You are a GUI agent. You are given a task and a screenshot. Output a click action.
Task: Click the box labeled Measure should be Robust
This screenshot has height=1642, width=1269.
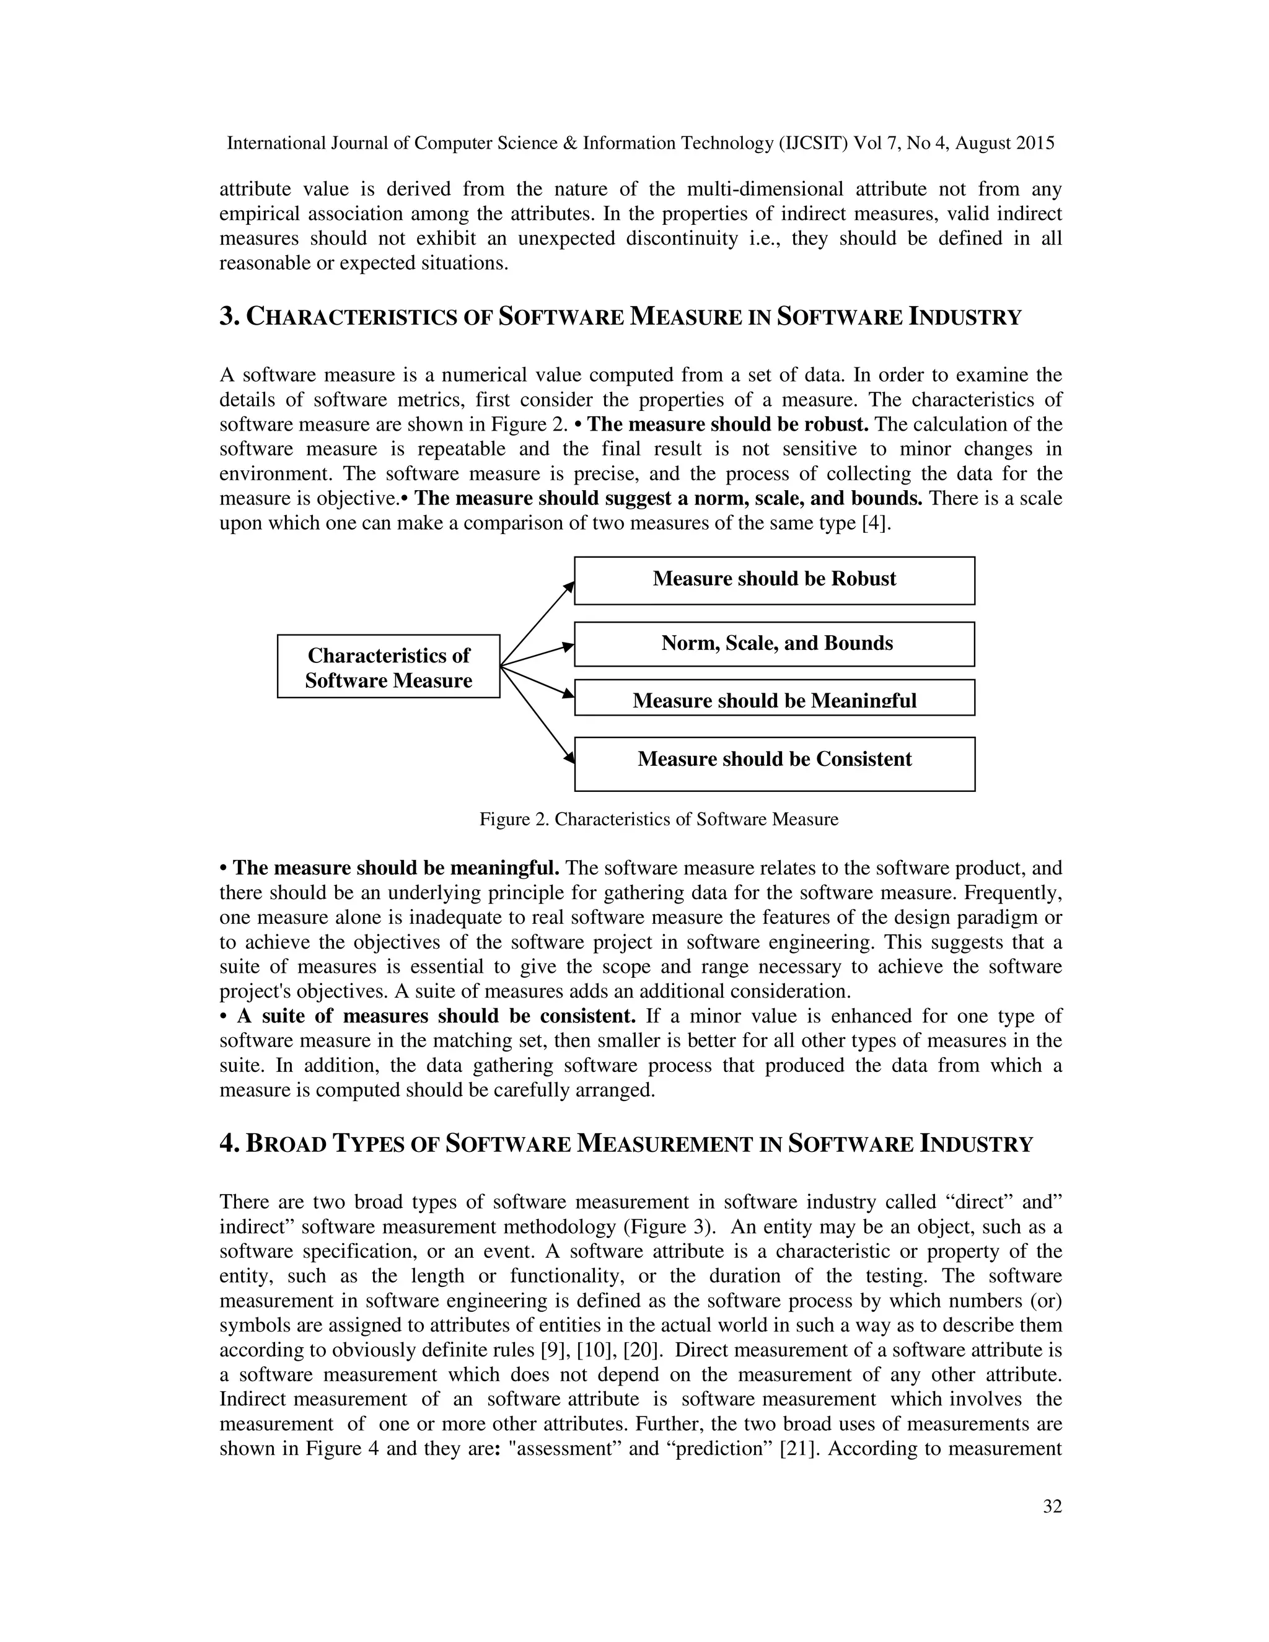775,580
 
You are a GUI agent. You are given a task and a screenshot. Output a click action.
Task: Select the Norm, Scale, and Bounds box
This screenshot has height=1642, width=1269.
775,644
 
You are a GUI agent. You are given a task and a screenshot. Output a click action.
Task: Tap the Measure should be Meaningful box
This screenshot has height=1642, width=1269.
775,698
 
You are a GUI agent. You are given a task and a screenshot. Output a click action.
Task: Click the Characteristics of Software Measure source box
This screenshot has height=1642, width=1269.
388,666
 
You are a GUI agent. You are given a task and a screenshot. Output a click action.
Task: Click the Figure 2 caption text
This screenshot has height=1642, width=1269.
659,820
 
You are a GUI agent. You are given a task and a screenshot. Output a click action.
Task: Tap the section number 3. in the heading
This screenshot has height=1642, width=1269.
229,317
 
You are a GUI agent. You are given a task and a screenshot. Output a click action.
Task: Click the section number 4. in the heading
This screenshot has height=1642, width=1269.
229,1144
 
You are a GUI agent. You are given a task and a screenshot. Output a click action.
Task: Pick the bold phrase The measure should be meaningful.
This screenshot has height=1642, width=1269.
395,868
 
